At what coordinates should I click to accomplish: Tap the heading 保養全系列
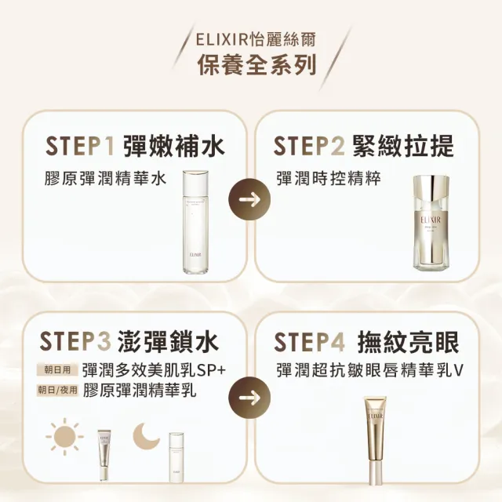pos(250,64)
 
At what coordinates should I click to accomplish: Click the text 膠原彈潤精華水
pos(105,179)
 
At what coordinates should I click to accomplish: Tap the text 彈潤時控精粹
pos(328,179)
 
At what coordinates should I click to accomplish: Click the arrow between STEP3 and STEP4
pos(249,395)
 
